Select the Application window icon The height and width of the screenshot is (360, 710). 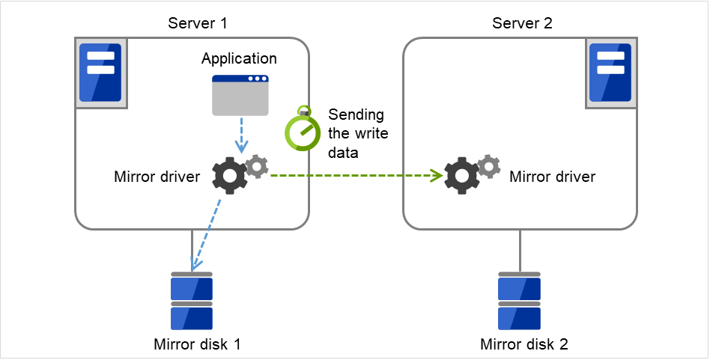tap(240, 95)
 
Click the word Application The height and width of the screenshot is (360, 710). tap(239, 58)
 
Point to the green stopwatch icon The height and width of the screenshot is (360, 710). tap(302, 132)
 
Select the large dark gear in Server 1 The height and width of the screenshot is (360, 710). tap(228, 176)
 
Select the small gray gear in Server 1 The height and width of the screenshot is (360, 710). tap(256, 166)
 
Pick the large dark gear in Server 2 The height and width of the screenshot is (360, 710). tap(461, 176)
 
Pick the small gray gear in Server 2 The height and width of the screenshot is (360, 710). tap(489, 166)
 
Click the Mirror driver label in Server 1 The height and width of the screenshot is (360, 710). tap(157, 177)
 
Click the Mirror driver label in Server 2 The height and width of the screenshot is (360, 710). tap(552, 177)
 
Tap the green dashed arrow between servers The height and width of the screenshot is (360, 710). tap(352, 176)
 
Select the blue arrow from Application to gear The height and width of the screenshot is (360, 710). tap(240, 135)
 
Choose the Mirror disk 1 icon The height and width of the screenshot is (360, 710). tap(192, 302)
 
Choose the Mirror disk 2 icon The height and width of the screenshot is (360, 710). tap(520, 302)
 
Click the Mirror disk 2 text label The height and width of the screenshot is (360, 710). tap(524, 344)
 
